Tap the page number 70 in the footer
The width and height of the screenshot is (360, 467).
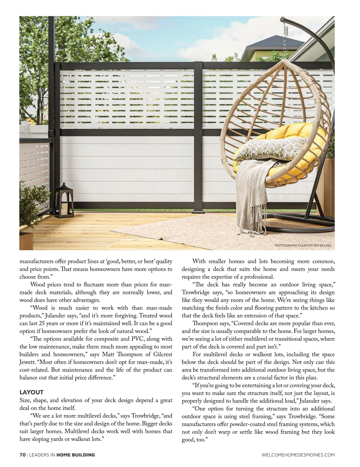22,455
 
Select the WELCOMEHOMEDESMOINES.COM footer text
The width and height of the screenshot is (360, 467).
298,455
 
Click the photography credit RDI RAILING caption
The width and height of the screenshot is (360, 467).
303,245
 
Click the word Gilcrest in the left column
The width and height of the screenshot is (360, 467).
160,355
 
